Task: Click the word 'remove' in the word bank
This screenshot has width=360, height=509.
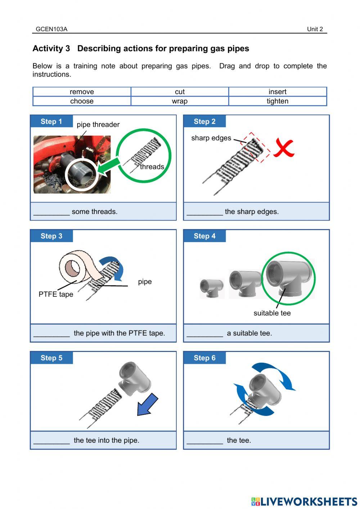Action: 82,92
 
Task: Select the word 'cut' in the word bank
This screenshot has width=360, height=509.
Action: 180,92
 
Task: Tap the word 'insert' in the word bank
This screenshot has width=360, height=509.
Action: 277,92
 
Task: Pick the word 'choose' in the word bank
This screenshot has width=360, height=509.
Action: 82,101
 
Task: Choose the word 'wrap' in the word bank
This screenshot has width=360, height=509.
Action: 180,101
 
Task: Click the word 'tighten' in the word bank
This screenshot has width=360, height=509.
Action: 277,101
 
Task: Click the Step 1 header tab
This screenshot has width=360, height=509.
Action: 51,121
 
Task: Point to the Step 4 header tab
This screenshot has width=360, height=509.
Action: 204,236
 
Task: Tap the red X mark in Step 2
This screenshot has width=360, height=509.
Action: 284,148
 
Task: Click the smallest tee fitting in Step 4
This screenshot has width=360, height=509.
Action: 212,288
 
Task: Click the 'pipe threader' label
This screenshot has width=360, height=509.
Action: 98,125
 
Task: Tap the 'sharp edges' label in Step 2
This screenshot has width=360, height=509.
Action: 211,138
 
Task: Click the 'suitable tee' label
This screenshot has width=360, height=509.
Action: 272,313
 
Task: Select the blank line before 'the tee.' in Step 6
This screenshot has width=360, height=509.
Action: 205,443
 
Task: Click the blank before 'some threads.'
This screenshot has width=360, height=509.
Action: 51,214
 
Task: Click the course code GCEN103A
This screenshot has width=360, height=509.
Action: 51,29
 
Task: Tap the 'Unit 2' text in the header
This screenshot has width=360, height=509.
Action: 315,29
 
